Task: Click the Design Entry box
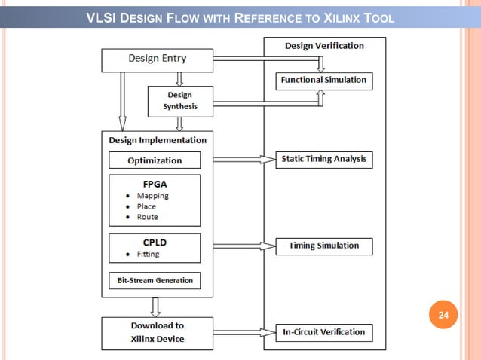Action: [157, 59]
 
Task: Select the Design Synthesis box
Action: [180, 101]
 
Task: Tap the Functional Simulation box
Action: [323, 80]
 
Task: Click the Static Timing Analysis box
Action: [323, 159]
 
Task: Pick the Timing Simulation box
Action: [323, 246]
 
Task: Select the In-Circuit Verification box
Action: [323, 332]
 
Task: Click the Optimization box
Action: [155, 160]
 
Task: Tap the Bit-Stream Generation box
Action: [155, 280]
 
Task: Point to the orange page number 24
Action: [443, 315]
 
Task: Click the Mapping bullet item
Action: [152, 196]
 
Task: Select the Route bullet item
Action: [147, 217]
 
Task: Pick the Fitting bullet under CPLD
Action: [148, 255]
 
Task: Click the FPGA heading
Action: [155, 184]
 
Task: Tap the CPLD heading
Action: [155, 243]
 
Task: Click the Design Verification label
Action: [324, 46]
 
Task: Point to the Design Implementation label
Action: [157, 140]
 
